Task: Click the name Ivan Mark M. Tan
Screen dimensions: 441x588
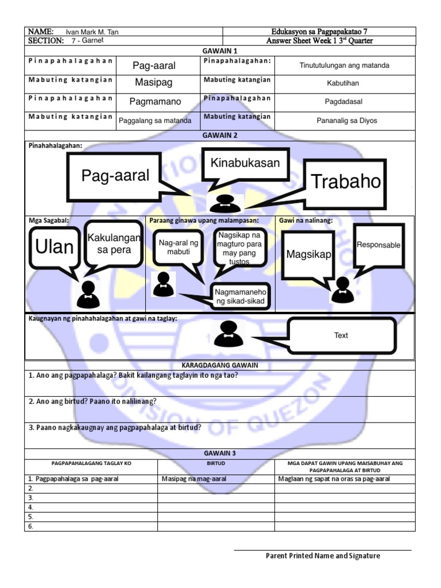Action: [88, 32]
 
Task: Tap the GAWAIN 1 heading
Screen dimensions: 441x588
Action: [219, 51]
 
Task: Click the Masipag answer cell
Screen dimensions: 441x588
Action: [154, 83]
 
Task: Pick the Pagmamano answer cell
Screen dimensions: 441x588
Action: [155, 102]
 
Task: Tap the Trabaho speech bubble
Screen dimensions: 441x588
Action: [346, 182]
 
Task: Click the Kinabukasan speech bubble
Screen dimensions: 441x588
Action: [245, 163]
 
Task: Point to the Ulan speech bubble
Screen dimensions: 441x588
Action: [55, 247]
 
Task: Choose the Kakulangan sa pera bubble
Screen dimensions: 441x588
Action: [114, 244]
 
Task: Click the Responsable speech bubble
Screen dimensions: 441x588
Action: [378, 245]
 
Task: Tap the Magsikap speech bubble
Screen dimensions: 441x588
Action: [310, 254]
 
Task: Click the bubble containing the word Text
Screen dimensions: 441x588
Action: [341, 335]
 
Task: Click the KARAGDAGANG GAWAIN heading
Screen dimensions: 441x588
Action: [220, 365]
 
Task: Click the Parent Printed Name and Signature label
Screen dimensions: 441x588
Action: [323, 556]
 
